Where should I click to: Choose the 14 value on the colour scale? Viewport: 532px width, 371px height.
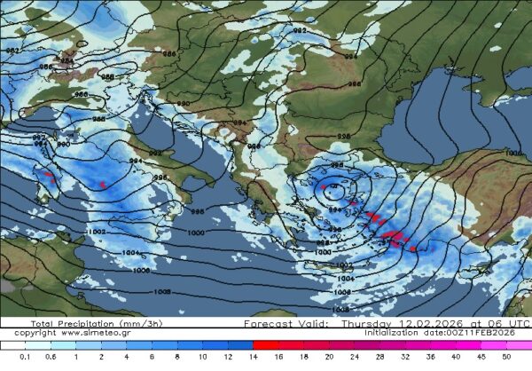pyautogui.click(x=254, y=356)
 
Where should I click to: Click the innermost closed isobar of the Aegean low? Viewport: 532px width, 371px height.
pyautogui.click(x=334, y=189)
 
